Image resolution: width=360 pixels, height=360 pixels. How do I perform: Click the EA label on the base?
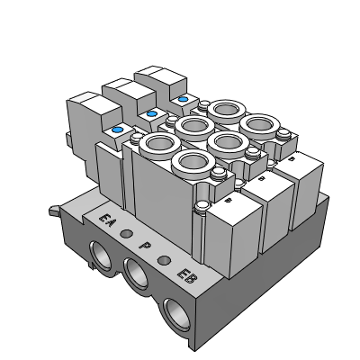(107, 220)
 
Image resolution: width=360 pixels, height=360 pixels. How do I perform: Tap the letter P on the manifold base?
(145, 247)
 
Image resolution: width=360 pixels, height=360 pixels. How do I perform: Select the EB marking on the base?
(187, 276)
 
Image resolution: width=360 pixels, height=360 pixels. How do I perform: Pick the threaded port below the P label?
(137, 274)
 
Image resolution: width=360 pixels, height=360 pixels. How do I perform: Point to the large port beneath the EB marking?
(178, 314)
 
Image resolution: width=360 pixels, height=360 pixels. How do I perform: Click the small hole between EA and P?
(126, 233)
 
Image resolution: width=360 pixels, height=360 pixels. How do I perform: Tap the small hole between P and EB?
(164, 260)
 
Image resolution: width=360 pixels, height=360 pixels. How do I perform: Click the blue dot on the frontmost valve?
(117, 130)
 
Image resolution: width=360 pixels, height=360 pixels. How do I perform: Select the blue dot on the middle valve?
(151, 113)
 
